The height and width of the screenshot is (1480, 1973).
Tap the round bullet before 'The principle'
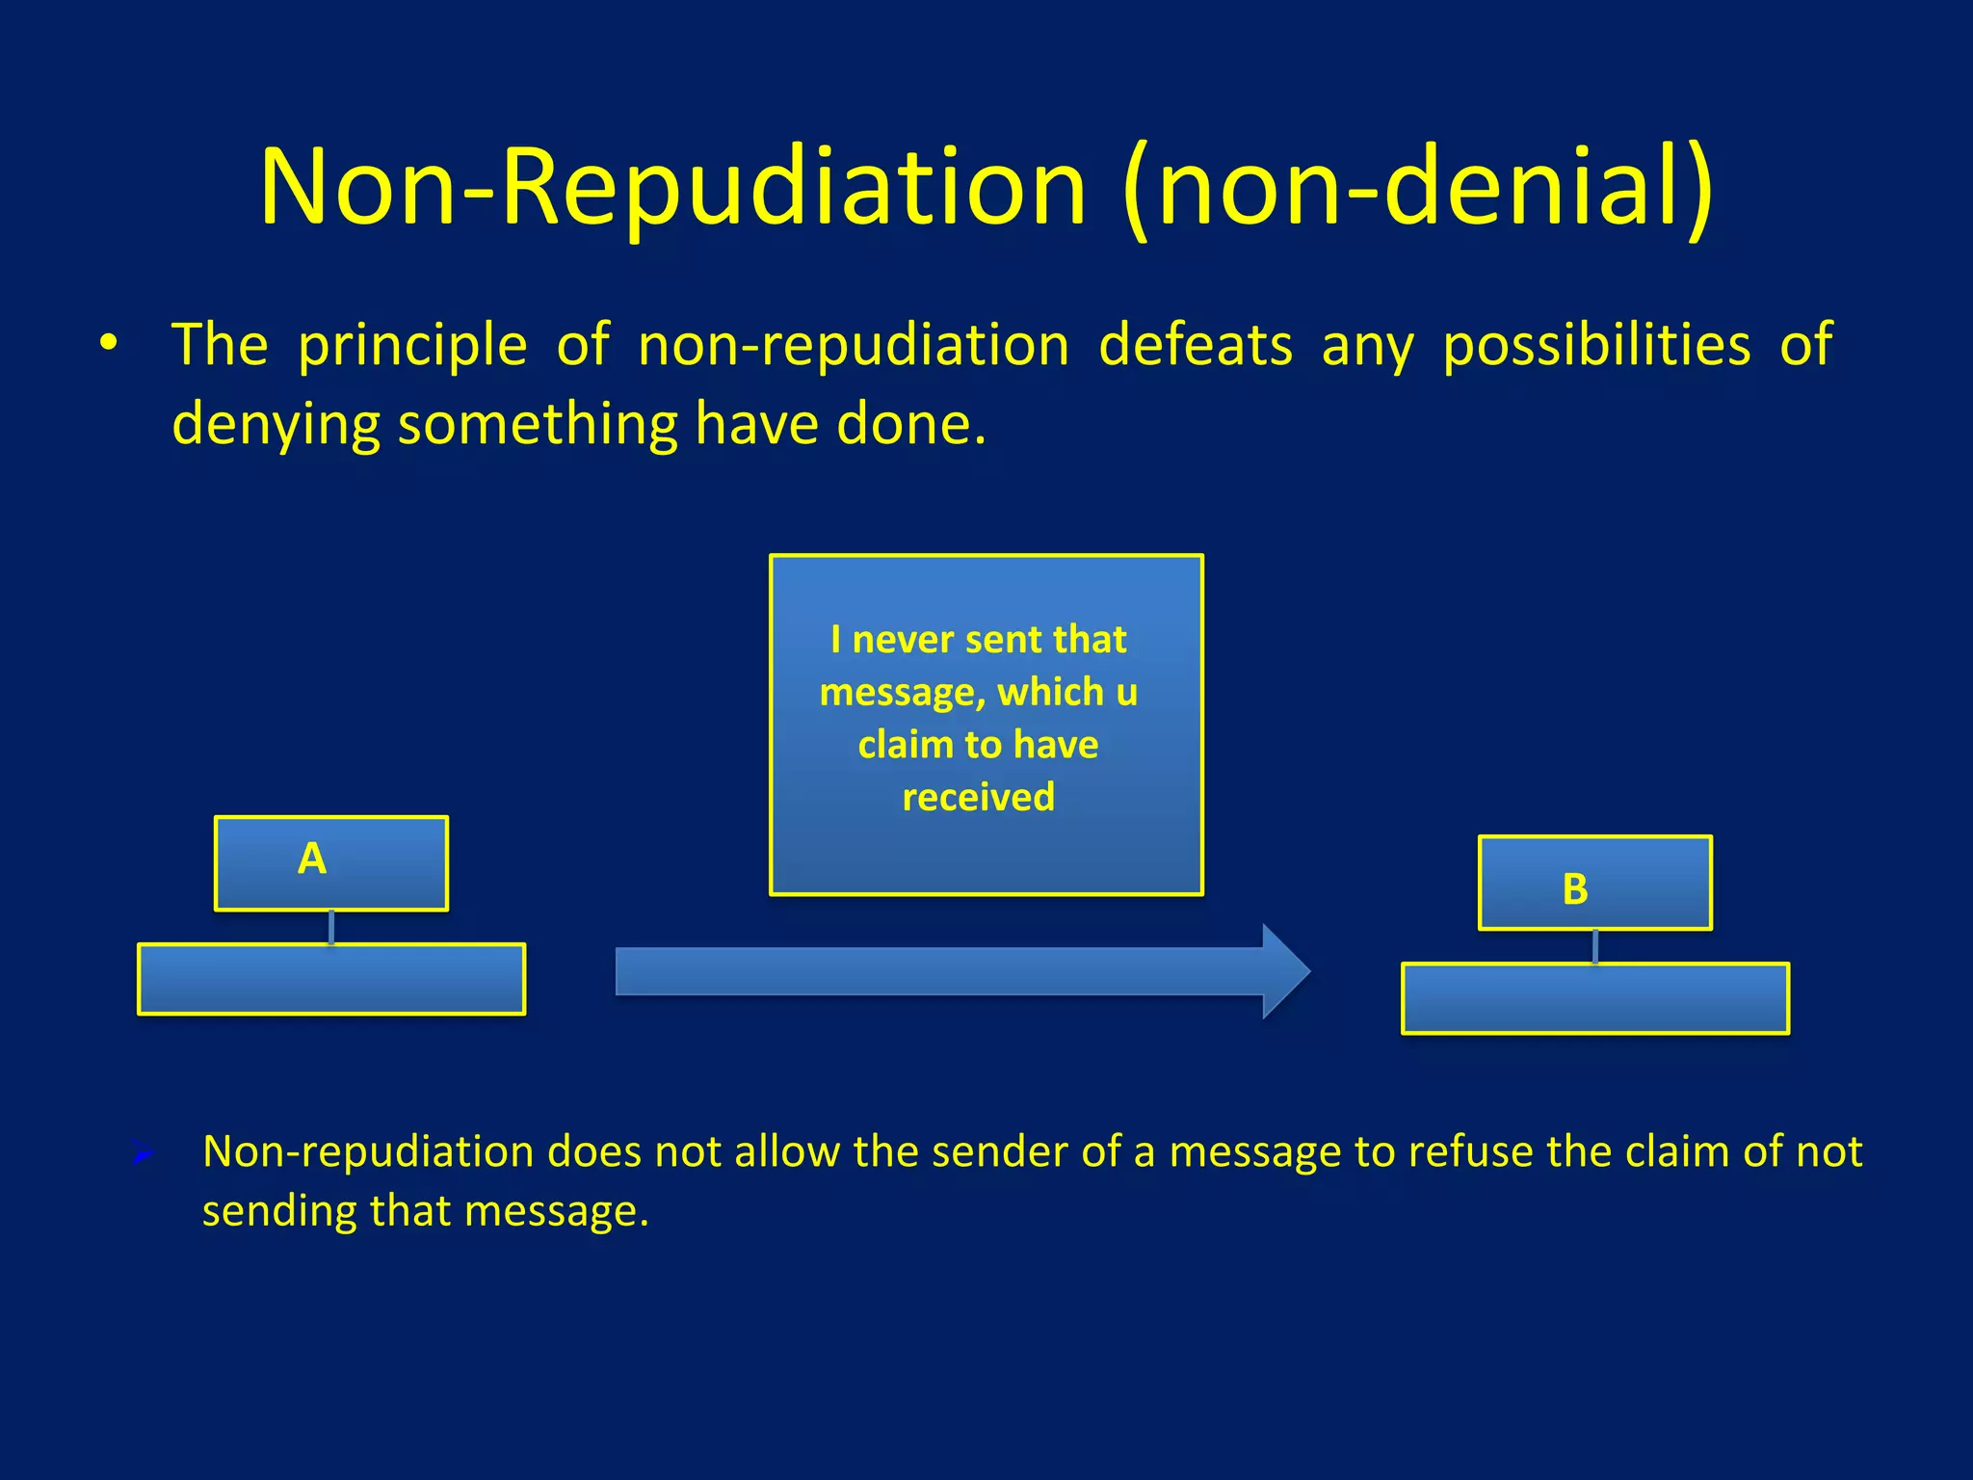[109, 343]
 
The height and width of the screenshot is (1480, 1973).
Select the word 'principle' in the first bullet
[412, 345]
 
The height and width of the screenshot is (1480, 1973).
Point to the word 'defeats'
[1195, 345]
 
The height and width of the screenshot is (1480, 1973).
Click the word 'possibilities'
[1596, 345]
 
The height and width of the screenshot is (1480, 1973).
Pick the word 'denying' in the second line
[276, 424]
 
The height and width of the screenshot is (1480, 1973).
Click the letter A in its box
[312, 859]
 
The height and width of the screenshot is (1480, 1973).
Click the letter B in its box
[1575, 888]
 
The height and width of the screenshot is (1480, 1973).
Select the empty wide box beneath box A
[331, 979]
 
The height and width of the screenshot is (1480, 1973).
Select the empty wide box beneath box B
[1595, 998]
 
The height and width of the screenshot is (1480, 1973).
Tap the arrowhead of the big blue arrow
[1286, 971]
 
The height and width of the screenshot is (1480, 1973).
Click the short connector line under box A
[331, 927]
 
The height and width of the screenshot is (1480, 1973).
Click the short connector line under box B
[1595, 946]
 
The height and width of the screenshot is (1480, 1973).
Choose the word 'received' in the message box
[978, 797]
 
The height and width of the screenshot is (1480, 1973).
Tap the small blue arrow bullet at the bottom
[143, 1152]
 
